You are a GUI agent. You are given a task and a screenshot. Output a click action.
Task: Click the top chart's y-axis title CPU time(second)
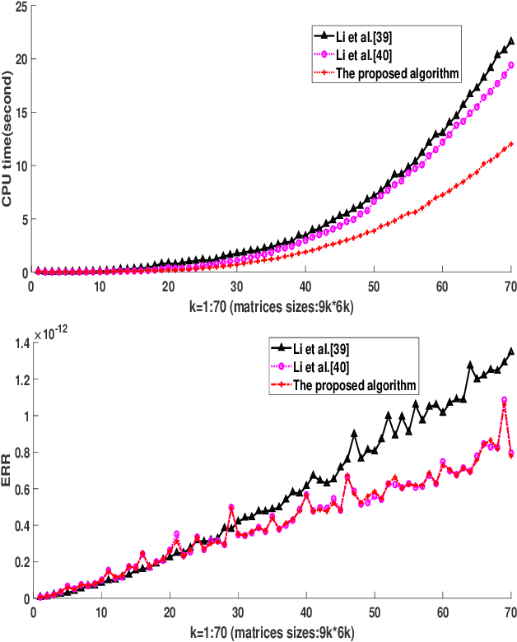(x=7, y=137)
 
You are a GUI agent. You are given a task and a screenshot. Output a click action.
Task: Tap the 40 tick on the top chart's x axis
(x=305, y=288)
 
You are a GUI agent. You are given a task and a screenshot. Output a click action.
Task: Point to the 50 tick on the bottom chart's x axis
(x=374, y=614)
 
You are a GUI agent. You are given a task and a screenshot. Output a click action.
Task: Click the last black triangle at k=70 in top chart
(x=510, y=40)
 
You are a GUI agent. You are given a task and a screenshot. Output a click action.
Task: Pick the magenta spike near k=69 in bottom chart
(x=504, y=401)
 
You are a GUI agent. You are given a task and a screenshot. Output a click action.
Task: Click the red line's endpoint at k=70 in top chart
(x=510, y=144)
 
